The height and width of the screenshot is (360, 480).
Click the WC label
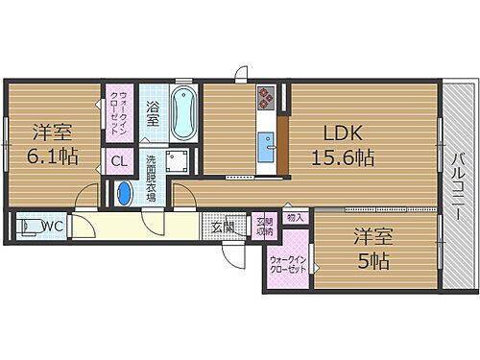52,227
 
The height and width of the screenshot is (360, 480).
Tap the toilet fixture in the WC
26,227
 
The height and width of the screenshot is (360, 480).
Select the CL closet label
119,161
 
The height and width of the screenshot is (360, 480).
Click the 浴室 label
153,109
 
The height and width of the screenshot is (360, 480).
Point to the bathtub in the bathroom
181,113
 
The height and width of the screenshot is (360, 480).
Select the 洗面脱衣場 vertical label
151,175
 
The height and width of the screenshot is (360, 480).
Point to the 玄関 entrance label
223,228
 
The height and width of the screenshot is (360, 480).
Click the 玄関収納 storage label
264,228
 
